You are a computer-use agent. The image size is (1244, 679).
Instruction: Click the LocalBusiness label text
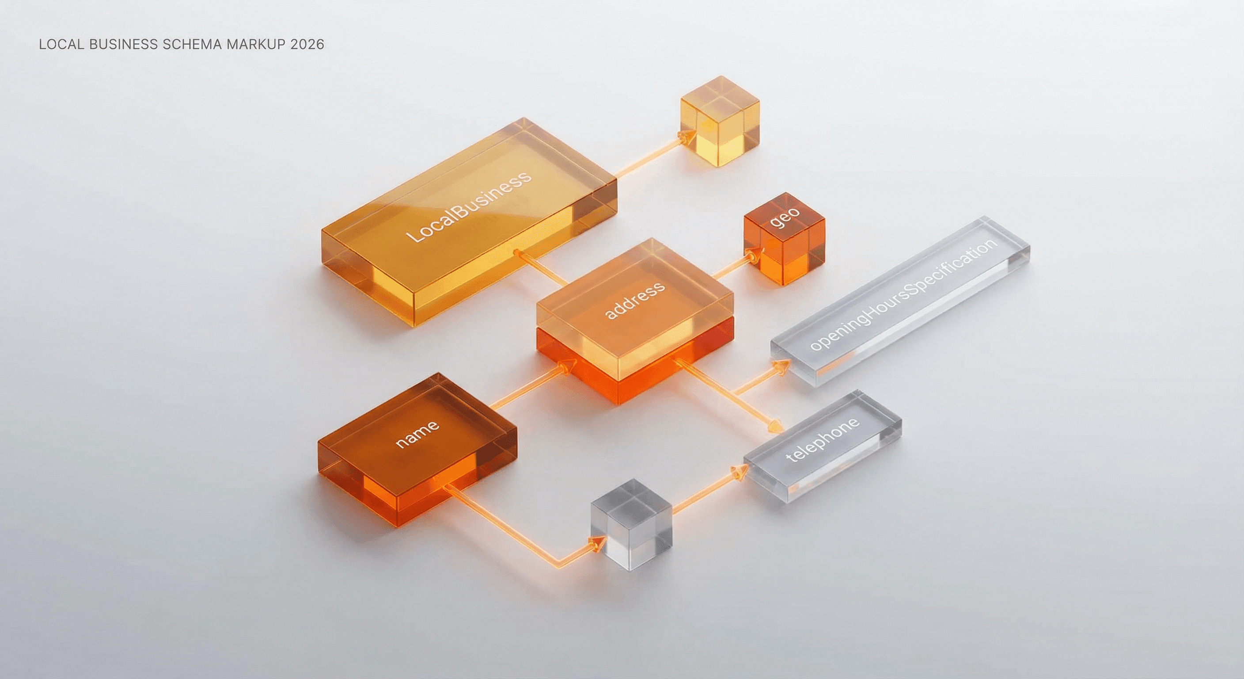[468, 206]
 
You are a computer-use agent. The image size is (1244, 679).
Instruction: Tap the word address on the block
[634, 301]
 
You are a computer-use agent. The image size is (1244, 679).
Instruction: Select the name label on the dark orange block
[417, 434]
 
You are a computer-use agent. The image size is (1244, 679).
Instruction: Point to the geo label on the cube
[785, 217]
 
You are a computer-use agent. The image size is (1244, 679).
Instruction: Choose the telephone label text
[823, 439]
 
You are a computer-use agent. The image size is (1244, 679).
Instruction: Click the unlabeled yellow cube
[720, 121]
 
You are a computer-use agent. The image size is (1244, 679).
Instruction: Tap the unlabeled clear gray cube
[632, 524]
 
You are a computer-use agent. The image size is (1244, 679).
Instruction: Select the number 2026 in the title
[307, 45]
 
